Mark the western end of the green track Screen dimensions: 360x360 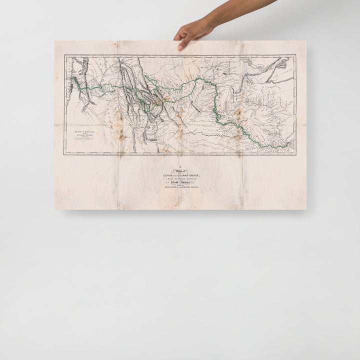(73, 79)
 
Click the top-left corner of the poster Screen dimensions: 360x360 (54, 41)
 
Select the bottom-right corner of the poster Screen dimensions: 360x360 (306, 209)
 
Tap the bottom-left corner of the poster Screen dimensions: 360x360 (54, 209)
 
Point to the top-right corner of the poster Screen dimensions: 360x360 (306, 41)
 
